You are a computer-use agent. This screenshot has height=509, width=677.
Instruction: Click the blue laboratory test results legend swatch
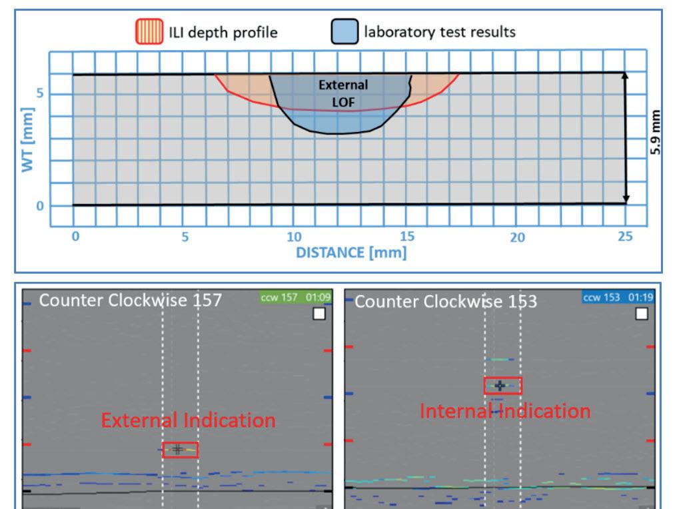pyautogui.click(x=343, y=31)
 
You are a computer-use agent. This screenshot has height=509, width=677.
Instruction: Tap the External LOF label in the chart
pyautogui.click(x=342, y=92)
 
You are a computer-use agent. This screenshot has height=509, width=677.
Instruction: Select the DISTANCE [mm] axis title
pyautogui.click(x=351, y=253)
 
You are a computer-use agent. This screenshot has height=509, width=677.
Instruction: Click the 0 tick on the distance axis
pyautogui.click(x=75, y=236)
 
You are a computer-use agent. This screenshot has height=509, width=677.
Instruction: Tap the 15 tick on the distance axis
pyautogui.click(x=406, y=236)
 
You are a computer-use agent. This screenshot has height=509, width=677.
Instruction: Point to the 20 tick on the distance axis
pyautogui.click(x=517, y=237)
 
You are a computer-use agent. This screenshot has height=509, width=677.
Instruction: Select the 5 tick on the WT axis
pyautogui.click(x=40, y=93)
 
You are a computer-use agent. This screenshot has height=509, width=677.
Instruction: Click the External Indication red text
pyautogui.click(x=188, y=420)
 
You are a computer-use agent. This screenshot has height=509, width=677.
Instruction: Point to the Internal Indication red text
pyautogui.click(x=504, y=410)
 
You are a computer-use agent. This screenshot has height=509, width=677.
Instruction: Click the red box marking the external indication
pyautogui.click(x=180, y=450)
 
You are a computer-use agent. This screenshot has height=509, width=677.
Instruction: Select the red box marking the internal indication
pyautogui.click(x=502, y=386)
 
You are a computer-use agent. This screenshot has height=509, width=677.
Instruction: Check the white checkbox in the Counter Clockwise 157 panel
pyautogui.click(x=319, y=313)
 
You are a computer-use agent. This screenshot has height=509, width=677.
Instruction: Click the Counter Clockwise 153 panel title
pyautogui.click(x=445, y=301)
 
